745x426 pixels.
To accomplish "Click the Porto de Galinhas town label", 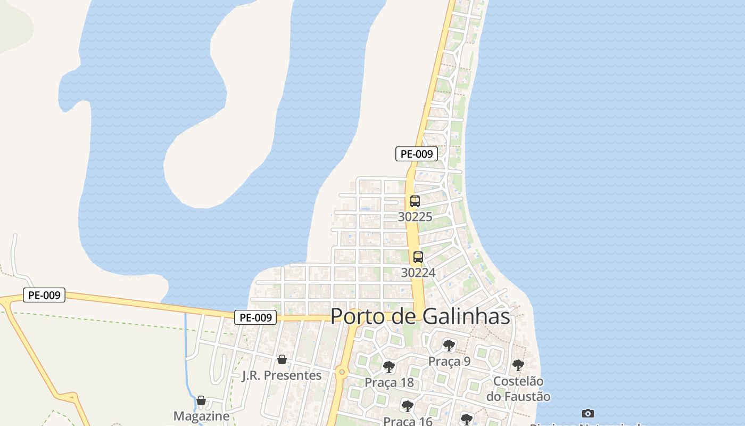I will (420, 316).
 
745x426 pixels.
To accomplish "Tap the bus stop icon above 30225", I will (415, 202).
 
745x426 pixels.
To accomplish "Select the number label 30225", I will (415, 217).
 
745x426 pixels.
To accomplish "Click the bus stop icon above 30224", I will (418, 257).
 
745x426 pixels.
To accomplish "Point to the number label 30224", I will (418, 273).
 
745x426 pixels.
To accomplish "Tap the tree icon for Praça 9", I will (449, 346).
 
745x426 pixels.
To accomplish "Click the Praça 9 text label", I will (450, 362).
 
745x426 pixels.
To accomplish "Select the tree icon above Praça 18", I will (389, 366).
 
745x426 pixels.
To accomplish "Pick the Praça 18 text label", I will (389, 382).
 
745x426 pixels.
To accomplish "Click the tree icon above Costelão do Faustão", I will (518, 365).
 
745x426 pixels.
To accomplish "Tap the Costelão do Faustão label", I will (518, 389).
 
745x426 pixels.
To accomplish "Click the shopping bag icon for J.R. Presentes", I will (282, 359).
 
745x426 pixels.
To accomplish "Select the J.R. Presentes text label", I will (282, 375).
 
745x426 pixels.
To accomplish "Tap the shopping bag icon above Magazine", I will (201, 400).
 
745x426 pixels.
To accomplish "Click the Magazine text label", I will (202, 416).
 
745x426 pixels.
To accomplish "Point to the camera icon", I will (588, 413).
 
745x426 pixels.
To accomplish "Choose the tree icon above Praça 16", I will (407, 406).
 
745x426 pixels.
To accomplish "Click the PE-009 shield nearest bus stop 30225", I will (417, 154).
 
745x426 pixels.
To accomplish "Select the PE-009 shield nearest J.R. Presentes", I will (256, 317).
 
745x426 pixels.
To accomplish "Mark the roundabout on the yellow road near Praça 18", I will (342, 372).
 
